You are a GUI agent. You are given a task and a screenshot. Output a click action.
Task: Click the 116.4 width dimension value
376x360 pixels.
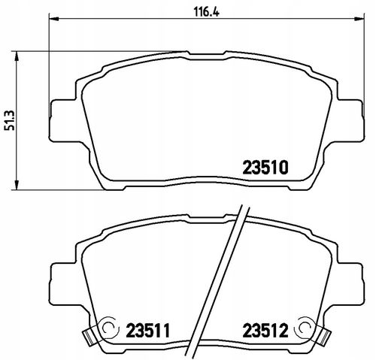click(206, 11)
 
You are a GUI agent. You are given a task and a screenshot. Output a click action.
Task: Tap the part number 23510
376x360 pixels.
click(265, 168)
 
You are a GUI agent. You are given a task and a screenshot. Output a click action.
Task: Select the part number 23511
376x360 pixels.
click(148, 331)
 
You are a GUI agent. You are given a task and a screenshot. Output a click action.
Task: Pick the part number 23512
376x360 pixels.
click(265, 331)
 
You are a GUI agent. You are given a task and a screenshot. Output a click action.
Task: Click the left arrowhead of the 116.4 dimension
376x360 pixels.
click(53, 19)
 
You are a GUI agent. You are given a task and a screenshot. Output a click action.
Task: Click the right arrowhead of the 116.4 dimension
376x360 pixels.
click(359, 19)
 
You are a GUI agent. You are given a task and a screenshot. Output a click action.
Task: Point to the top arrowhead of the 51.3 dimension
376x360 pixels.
click(17, 56)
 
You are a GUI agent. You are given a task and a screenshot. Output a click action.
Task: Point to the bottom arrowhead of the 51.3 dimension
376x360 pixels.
click(17, 185)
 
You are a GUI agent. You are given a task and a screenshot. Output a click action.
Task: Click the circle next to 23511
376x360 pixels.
click(108, 327)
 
